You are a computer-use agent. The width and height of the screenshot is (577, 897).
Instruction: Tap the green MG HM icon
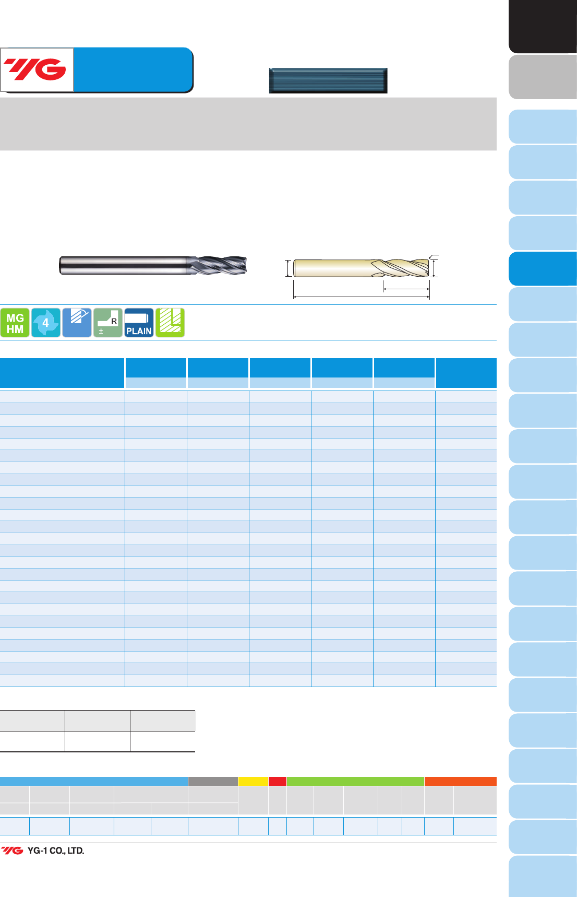click(x=15, y=323)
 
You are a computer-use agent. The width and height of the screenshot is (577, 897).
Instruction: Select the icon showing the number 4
click(x=46, y=323)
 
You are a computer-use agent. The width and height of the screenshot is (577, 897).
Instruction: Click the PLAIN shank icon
click(x=139, y=323)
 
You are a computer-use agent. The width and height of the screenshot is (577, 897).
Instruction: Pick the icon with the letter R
click(x=108, y=323)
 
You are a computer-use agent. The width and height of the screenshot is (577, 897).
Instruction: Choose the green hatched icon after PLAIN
click(x=170, y=323)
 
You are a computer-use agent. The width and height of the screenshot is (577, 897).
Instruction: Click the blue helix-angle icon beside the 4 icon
click(x=77, y=323)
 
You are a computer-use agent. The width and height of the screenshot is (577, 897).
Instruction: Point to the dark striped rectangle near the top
click(x=328, y=80)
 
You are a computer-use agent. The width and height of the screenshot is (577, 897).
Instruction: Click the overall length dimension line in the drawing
click(x=362, y=297)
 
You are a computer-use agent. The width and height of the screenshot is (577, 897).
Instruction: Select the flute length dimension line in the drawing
click(x=406, y=289)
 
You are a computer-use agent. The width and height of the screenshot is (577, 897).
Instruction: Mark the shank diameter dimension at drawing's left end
click(x=287, y=268)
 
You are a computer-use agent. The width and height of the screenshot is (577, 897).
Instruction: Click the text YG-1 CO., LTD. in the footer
click(x=56, y=851)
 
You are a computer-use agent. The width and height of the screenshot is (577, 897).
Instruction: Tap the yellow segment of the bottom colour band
click(x=253, y=781)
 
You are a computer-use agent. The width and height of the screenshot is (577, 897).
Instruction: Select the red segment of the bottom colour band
click(x=278, y=781)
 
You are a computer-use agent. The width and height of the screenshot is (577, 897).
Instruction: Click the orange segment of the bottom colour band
click(x=461, y=781)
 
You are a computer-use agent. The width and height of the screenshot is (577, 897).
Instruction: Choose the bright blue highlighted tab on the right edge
click(x=543, y=268)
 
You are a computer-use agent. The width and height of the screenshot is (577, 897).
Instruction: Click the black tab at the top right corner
click(x=543, y=26)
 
